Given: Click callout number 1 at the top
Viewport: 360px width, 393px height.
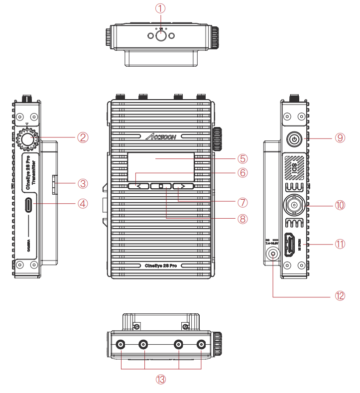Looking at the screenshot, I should tap(160, 8).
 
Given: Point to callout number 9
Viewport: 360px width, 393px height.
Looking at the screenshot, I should tap(340, 137).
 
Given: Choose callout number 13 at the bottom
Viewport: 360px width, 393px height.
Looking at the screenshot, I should tap(160, 380).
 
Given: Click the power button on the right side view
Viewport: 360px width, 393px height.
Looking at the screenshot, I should tap(295, 139).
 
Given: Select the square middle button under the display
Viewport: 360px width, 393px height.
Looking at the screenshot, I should tap(161, 186).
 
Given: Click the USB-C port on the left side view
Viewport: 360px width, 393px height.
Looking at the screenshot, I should tap(30, 204).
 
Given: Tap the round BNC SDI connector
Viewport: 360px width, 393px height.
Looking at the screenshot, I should tap(295, 204).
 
